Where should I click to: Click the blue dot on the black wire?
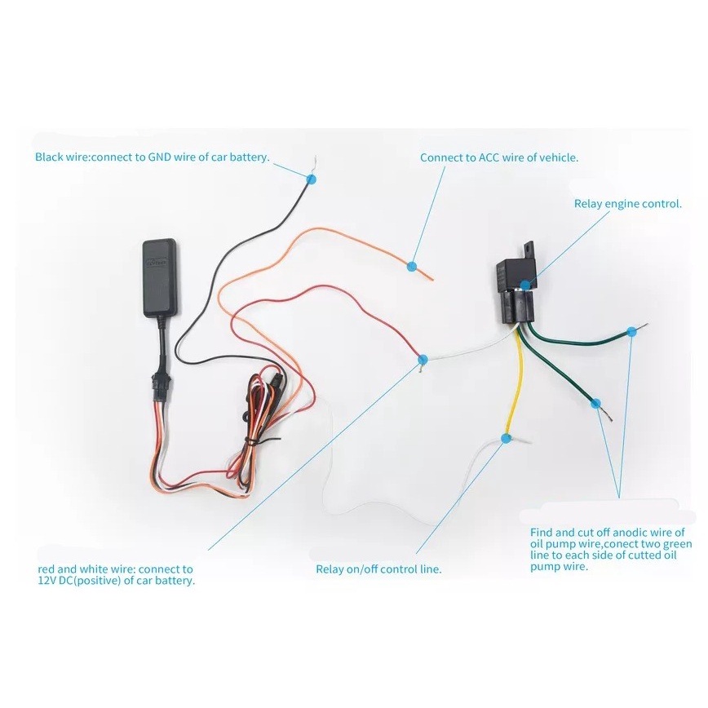[312, 177]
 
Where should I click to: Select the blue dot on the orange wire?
[412, 265]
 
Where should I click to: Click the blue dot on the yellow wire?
[506, 439]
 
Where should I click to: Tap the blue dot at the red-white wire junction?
[422, 359]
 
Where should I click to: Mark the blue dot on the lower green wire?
[596, 403]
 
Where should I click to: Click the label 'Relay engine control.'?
[627, 204]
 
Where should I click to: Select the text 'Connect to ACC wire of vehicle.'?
[499, 157]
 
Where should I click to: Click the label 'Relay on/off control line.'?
[378, 569]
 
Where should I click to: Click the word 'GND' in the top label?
[161, 157]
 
